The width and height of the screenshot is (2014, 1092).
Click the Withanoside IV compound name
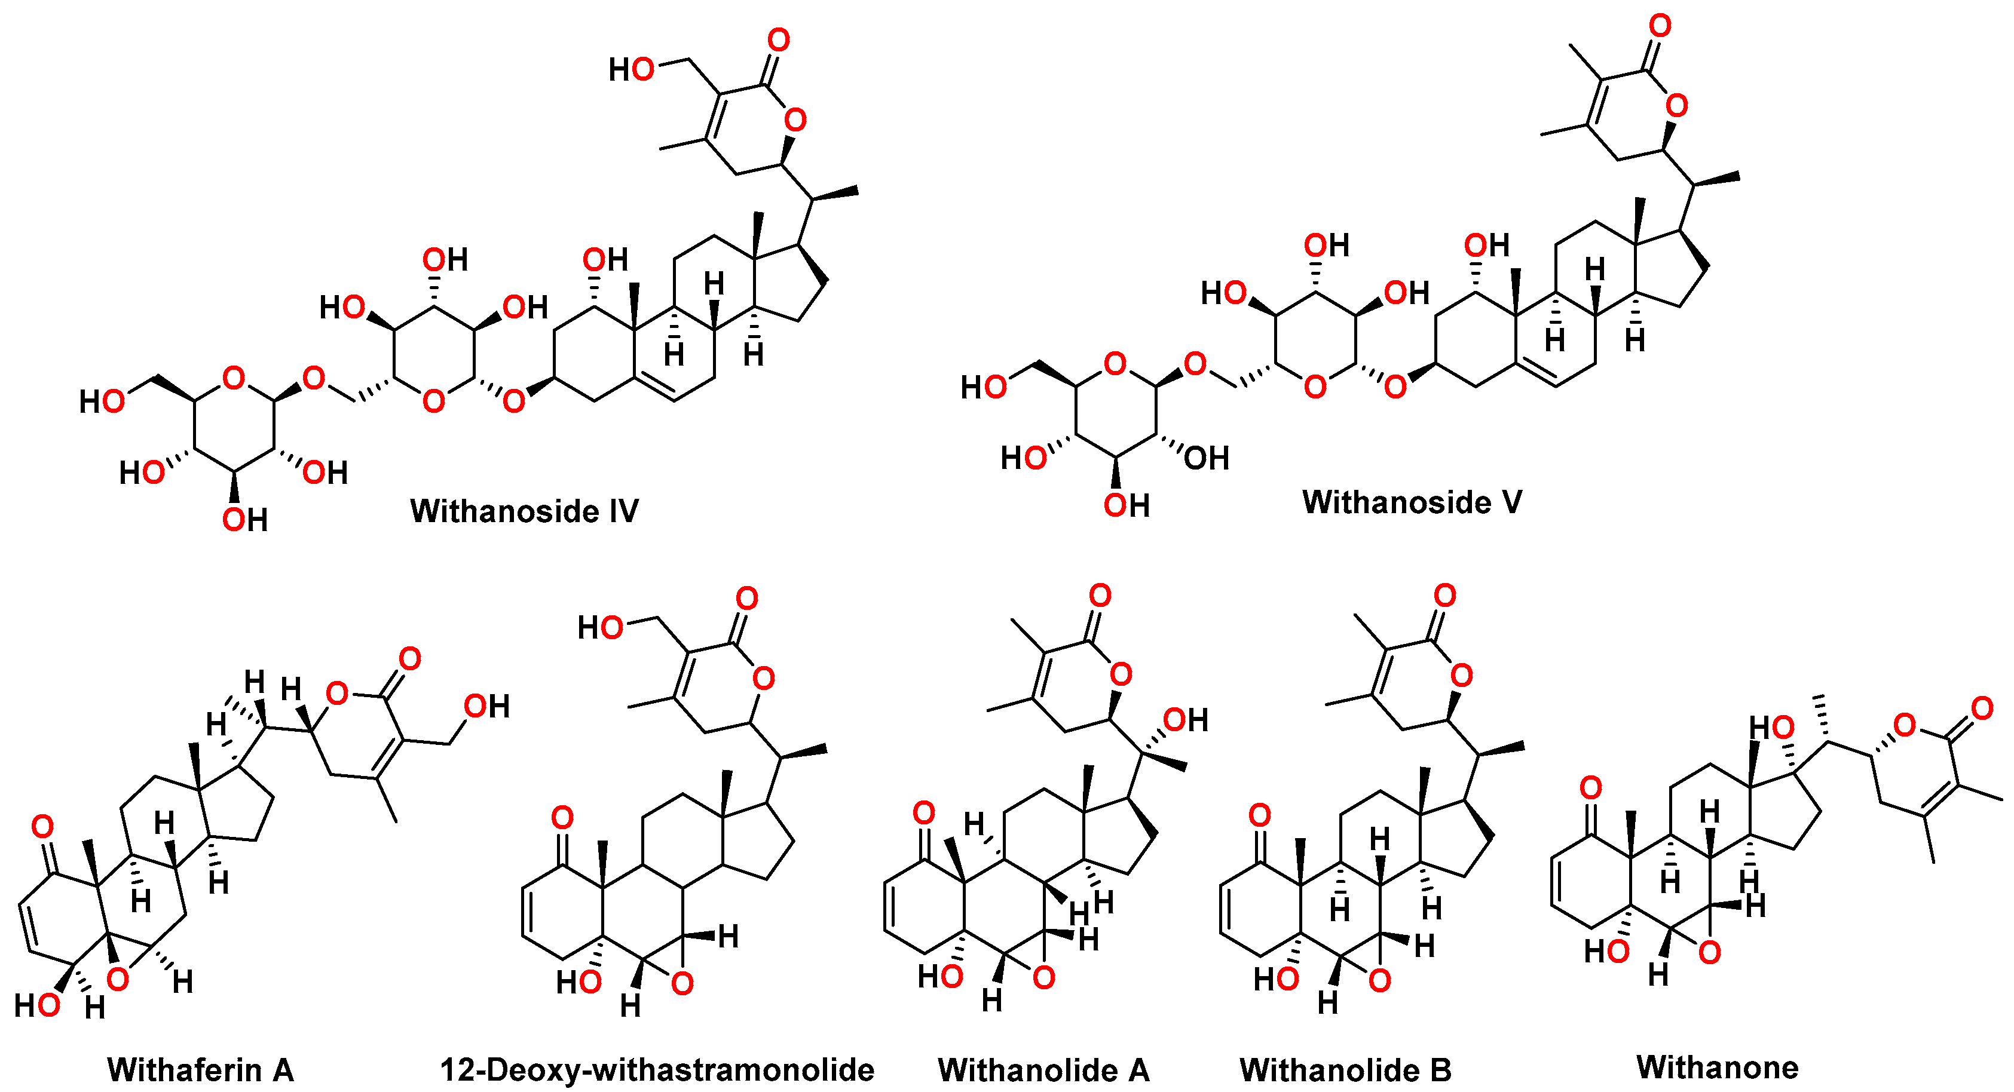[x=524, y=511]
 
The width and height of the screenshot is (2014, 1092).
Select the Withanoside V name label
[x=1412, y=502]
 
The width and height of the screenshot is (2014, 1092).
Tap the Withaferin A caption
[x=200, y=1069]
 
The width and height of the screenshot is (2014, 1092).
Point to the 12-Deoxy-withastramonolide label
[x=657, y=1069]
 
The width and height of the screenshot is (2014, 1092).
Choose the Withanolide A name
[x=1043, y=1069]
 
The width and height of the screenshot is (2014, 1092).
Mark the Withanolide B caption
[x=1345, y=1069]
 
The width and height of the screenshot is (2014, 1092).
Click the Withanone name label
[x=1717, y=1066]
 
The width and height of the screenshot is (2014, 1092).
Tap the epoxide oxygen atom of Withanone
[x=1710, y=952]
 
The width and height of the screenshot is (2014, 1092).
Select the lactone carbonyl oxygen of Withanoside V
[x=1659, y=26]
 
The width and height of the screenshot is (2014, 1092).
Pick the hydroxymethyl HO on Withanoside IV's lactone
[x=631, y=69]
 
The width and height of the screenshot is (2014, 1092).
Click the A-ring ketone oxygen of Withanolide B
[x=1259, y=815]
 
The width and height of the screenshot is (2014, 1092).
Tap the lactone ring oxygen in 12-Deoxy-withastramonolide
[x=763, y=677]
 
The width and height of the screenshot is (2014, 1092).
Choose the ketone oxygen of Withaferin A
[x=42, y=826]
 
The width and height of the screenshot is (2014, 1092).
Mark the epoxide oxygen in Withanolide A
[x=1043, y=977]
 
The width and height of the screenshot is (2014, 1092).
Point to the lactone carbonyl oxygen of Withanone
[x=1981, y=708]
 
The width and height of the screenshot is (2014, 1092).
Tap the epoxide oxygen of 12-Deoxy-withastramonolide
[x=682, y=983]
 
